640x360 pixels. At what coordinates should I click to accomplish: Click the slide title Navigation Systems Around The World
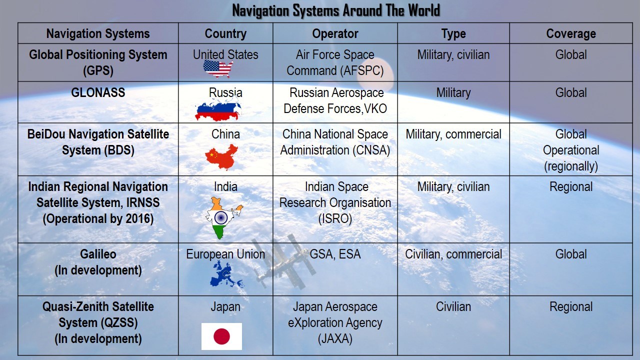(336, 11)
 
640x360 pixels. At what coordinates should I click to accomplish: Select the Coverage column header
(571, 33)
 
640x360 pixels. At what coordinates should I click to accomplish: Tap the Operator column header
(335, 33)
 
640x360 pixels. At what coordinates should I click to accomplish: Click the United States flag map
(218, 69)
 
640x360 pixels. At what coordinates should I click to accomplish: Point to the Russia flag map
(218, 110)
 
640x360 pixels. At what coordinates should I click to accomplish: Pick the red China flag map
(221, 157)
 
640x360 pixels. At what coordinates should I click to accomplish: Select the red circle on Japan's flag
(221, 336)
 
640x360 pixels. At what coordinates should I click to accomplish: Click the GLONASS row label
(98, 92)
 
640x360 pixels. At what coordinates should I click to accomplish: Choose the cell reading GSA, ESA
(335, 254)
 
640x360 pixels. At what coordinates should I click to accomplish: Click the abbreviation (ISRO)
(335, 218)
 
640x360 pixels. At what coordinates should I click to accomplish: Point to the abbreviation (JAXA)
(335, 338)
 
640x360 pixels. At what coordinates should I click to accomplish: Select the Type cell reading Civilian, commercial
(453, 254)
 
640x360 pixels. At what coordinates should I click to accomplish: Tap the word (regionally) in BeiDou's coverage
(571, 166)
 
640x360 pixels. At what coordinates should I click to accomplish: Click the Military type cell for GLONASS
(453, 93)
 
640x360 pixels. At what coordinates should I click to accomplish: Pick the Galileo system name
(98, 254)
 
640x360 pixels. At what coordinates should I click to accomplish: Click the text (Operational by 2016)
(98, 218)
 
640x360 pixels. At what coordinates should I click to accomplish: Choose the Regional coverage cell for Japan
(571, 307)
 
